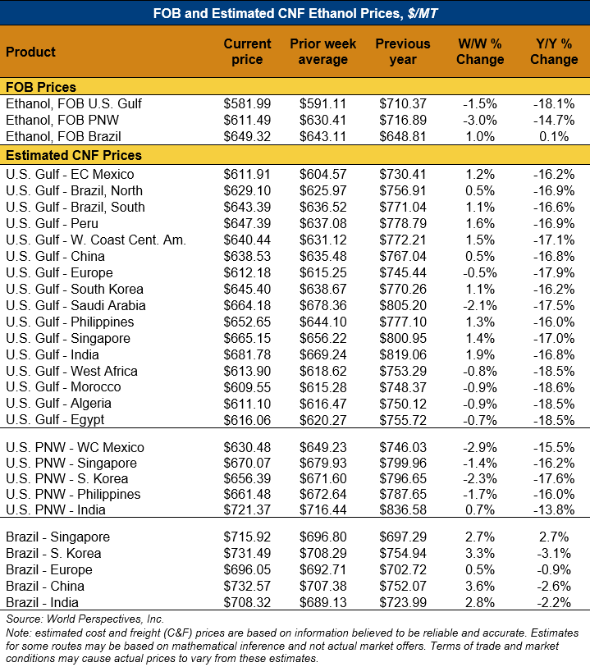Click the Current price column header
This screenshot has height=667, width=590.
(247, 52)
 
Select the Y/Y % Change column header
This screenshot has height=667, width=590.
(554, 52)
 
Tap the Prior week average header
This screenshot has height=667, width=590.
(322, 52)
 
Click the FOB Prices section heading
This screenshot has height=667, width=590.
(41, 87)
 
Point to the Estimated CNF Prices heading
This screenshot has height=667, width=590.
(74, 155)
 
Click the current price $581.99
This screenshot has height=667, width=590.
(247, 104)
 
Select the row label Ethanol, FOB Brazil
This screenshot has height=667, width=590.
(63, 136)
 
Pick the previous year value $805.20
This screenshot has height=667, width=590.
(403, 305)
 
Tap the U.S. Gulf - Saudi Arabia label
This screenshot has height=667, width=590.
(75, 305)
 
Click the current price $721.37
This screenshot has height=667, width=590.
(247, 509)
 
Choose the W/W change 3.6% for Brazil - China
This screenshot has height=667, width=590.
(480, 586)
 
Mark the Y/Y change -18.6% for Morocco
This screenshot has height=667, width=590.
(554, 387)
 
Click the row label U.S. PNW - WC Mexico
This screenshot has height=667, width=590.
(75, 447)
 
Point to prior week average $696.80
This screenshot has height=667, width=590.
(322, 537)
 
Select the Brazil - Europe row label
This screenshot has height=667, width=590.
(49, 569)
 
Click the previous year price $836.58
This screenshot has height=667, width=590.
(403, 509)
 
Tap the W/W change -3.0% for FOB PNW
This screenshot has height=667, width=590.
(480, 121)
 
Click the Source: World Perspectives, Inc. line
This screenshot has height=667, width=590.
(85, 619)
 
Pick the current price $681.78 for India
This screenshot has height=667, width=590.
(247, 354)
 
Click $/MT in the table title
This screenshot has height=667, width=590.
(423, 13)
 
